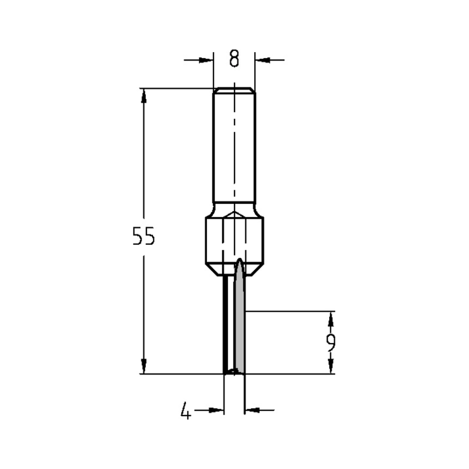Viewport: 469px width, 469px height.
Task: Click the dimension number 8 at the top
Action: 234,59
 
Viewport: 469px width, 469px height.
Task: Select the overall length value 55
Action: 143,236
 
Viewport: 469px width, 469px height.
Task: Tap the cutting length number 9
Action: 331,343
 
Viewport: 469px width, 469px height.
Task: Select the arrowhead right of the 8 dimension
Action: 262,60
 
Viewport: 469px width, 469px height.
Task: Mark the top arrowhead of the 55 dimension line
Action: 144,96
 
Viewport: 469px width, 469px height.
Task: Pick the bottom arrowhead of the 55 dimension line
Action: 144,366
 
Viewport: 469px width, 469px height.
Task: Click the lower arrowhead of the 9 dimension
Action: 331,366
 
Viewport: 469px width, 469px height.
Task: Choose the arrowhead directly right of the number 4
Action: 216,410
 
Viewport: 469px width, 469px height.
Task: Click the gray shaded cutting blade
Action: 239,328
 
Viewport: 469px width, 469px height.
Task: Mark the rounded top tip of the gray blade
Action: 239,261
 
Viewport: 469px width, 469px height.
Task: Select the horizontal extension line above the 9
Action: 291,310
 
